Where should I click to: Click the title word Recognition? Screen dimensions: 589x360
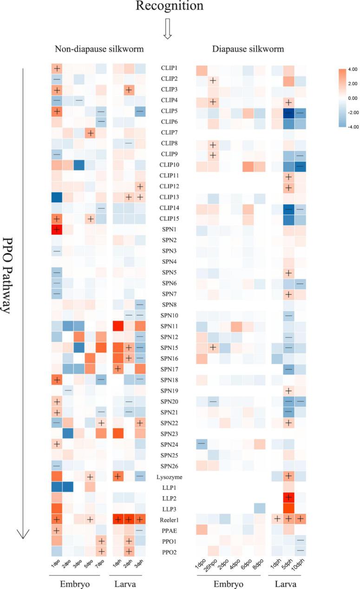(169, 6)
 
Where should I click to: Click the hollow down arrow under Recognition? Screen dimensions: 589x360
(168, 31)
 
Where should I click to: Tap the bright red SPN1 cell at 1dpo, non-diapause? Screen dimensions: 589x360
(57, 229)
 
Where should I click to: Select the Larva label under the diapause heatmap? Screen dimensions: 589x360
(283, 583)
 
